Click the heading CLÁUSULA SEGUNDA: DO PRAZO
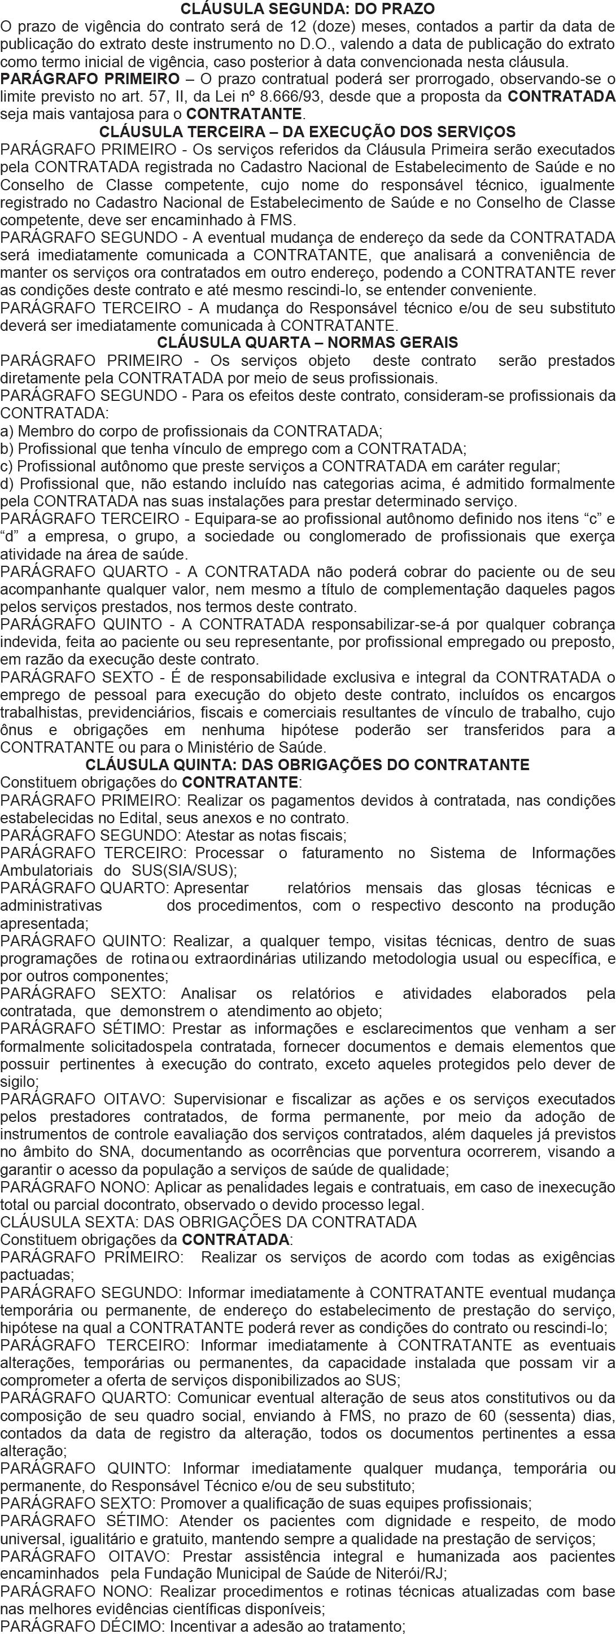click(x=308, y=9)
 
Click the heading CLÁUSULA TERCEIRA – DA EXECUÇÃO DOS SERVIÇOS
click(x=308, y=133)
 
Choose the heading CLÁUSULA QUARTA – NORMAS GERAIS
click(x=308, y=343)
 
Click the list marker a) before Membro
click(x=7, y=431)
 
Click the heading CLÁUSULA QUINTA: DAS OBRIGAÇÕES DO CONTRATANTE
click(x=308, y=765)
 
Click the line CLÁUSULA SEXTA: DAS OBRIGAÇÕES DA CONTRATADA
click(x=209, y=1222)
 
